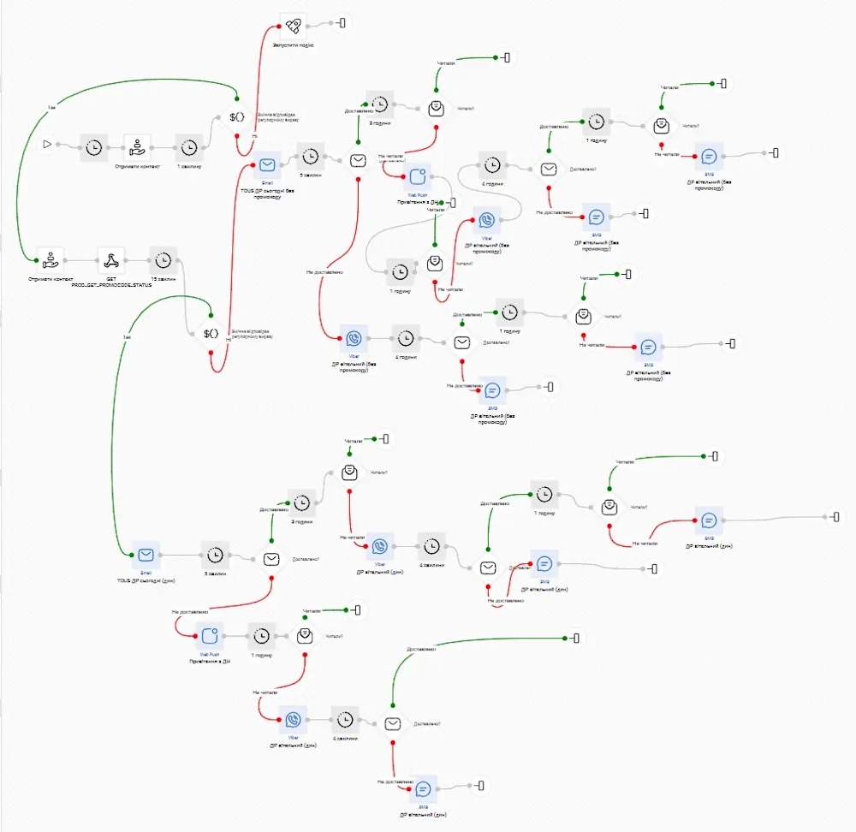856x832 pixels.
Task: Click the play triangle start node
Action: pyautogui.click(x=48, y=145)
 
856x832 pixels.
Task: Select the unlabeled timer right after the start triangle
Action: pyautogui.click(x=95, y=146)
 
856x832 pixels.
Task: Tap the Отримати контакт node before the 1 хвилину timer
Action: pyautogui.click(x=137, y=146)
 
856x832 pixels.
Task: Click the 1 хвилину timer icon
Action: pyautogui.click(x=189, y=146)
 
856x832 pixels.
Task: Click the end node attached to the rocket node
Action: pyautogui.click(x=342, y=25)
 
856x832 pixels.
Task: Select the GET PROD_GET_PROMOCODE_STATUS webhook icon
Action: pyautogui.click(x=111, y=259)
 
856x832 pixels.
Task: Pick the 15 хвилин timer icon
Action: pyautogui.click(x=163, y=259)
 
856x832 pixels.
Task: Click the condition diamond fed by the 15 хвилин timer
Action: pyautogui.click(x=211, y=333)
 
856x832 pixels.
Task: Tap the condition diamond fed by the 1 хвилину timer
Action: pyautogui.click(x=237, y=117)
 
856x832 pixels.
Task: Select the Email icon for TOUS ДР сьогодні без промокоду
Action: pyautogui.click(x=268, y=163)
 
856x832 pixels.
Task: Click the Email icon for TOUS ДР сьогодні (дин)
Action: pyautogui.click(x=146, y=555)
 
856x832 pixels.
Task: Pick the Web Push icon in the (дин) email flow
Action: pyautogui.click(x=210, y=636)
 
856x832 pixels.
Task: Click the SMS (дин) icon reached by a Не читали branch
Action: pyautogui.click(x=708, y=520)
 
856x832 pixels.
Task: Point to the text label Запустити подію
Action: pyautogui.click(x=294, y=45)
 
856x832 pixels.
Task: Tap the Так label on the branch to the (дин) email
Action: pyautogui.click(x=126, y=336)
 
